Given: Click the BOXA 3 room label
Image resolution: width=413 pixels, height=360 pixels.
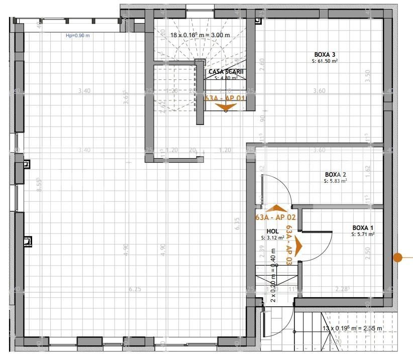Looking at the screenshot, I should click(x=325, y=55).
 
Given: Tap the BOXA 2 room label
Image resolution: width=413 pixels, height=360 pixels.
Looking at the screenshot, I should click(x=336, y=175).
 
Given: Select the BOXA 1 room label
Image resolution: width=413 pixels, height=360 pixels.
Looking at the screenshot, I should click(x=363, y=227).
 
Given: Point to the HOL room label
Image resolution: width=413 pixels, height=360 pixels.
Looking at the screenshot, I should click(x=266, y=231).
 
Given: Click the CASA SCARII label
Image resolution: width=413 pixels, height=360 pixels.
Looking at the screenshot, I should click(x=226, y=72).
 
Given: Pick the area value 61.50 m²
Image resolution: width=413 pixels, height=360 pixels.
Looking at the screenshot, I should click(x=325, y=61).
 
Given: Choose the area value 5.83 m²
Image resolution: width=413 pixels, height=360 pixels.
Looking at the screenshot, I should click(x=336, y=181).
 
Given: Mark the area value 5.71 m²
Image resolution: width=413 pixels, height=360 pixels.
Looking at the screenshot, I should click(x=363, y=234).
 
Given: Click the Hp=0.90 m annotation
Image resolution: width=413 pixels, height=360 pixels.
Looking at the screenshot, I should click(x=78, y=36).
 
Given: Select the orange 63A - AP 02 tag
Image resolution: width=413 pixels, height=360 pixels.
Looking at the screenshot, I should click(x=275, y=217).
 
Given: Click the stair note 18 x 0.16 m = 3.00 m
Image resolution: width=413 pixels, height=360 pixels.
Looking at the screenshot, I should click(x=200, y=35).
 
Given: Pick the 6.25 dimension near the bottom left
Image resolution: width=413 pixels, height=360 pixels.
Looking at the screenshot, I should click(x=135, y=289).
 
